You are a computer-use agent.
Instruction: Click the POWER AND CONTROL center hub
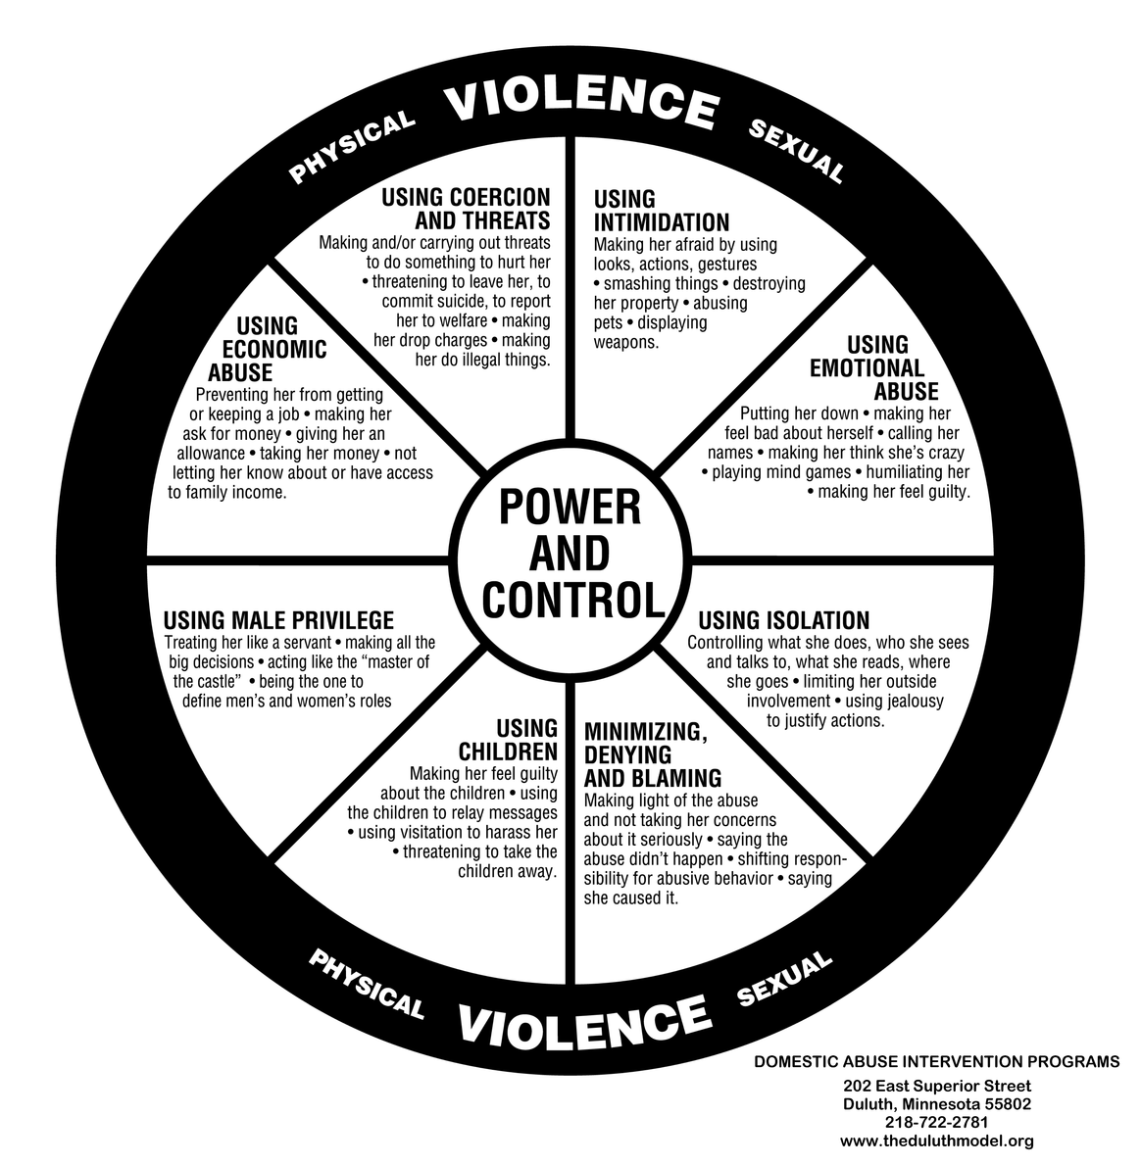click(570, 555)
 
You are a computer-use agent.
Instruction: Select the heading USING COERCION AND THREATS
click(466, 208)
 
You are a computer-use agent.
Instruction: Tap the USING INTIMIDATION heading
click(661, 211)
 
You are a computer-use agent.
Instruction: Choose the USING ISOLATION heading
click(783, 620)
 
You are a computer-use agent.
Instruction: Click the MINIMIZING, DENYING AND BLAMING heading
click(652, 754)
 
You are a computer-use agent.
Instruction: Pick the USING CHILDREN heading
click(510, 740)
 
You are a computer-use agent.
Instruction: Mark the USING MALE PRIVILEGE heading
click(278, 620)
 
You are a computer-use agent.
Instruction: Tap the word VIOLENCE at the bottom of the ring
click(583, 1019)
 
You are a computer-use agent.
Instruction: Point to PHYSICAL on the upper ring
click(351, 147)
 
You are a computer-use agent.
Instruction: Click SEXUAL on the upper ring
click(796, 151)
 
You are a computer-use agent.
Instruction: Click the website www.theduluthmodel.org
click(936, 1141)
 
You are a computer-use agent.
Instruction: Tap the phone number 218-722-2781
click(936, 1122)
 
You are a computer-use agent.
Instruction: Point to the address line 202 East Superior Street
click(936, 1086)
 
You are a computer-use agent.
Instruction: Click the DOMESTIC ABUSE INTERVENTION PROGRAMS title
click(936, 1061)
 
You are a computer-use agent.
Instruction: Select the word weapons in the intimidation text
click(625, 343)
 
